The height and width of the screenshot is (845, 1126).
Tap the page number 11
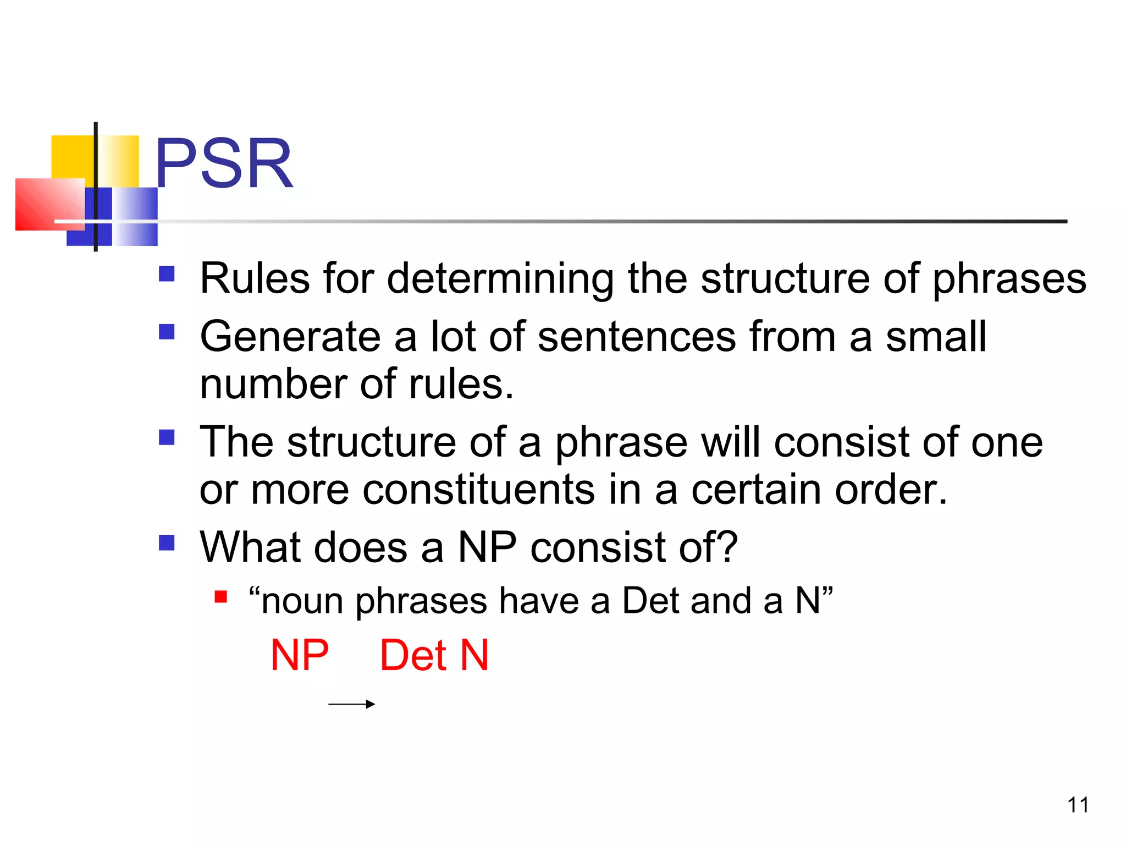coord(1078,805)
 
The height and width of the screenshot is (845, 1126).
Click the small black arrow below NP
coord(351,704)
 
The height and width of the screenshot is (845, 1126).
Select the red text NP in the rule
coord(300,655)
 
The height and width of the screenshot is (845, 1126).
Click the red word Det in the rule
coord(413,655)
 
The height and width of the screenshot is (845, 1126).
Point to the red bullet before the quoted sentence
coord(221,597)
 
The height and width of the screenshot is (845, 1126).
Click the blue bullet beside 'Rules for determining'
coord(167,274)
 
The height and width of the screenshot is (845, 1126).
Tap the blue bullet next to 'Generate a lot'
coord(167,332)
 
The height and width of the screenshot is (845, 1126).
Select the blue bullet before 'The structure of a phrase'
coord(167,437)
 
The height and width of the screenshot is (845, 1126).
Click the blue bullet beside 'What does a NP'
coord(167,543)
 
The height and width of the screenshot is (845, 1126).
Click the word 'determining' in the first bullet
coord(500,279)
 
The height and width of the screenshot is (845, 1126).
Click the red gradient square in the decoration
coord(49,204)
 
